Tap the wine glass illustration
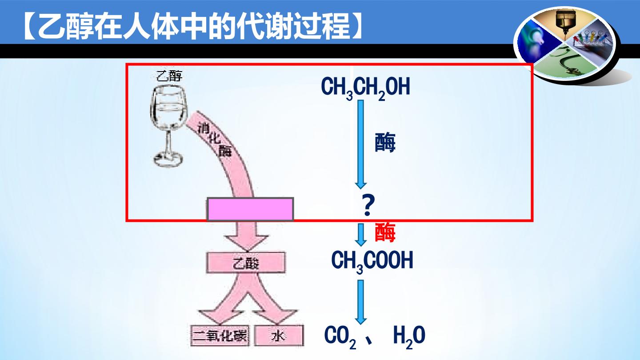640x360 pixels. [x=168, y=126]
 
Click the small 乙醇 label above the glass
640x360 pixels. [x=169, y=76]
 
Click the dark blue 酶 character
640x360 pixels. [x=385, y=142]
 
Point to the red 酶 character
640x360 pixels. [x=385, y=232]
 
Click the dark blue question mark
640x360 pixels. [x=368, y=205]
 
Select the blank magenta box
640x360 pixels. [x=250, y=209]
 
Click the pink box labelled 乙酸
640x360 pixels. [x=246, y=263]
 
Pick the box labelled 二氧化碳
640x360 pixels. [x=220, y=336]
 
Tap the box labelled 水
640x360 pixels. [x=279, y=336]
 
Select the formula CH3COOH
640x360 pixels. [x=372, y=261]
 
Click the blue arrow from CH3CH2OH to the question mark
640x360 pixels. [x=361, y=144]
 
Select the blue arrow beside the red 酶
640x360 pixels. [x=361, y=235]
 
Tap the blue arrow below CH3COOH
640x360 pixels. [x=361, y=302]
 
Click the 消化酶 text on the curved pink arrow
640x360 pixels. [x=215, y=140]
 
